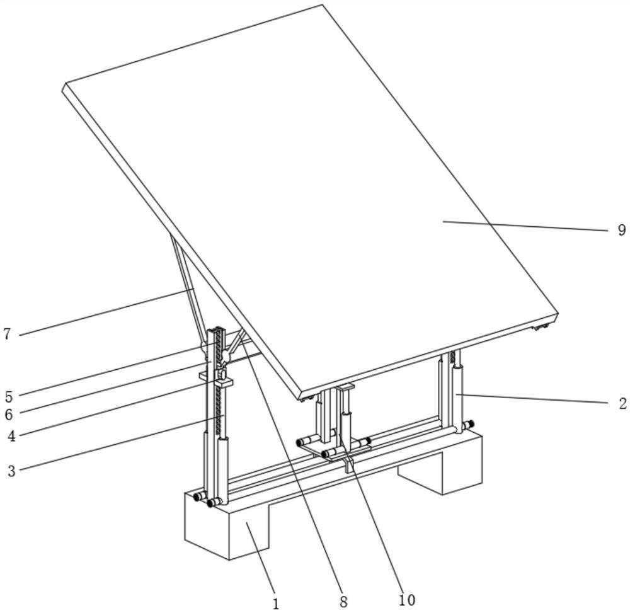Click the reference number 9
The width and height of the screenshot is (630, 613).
click(x=622, y=230)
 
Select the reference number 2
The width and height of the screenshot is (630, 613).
click(x=622, y=403)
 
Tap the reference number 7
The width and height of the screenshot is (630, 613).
click(x=7, y=334)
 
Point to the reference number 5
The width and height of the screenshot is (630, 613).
click(x=9, y=396)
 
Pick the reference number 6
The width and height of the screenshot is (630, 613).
click(x=9, y=414)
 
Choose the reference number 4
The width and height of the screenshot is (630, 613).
click(x=11, y=436)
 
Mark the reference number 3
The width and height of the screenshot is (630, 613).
click(x=11, y=471)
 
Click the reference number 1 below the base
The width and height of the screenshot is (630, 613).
click(x=276, y=604)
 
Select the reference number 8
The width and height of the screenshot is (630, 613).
click(x=343, y=602)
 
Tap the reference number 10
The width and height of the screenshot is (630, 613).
click(x=406, y=600)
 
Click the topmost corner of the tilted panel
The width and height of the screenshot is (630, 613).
click(x=322, y=4)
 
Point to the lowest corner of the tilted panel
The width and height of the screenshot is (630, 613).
click(x=301, y=399)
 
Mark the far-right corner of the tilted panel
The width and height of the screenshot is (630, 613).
click(x=558, y=313)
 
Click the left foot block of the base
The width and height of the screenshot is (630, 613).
click(x=226, y=525)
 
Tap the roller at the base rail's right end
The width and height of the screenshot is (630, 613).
click(x=468, y=424)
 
